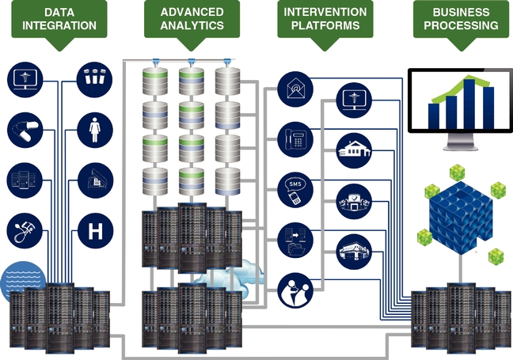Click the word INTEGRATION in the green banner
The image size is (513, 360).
pyautogui.click(x=59, y=25)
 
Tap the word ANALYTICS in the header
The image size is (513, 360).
pyautogui.click(x=192, y=25)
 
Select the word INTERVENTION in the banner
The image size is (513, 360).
pyautogui.click(x=325, y=12)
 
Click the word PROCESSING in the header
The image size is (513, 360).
pyautogui.click(x=461, y=25)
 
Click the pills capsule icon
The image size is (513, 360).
pyautogui.click(x=25, y=130)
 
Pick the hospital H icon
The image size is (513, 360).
pyautogui.click(x=95, y=231)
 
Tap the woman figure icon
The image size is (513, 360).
pyautogui.click(x=95, y=130)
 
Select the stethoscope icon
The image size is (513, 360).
pyautogui.click(x=25, y=231)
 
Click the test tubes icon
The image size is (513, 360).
pyautogui.click(x=94, y=80)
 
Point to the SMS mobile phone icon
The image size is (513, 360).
pyautogui.click(x=295, y=190)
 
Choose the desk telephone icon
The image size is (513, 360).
pyautogui.click(x=295, y=139)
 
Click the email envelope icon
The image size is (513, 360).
pyautogui.click(x=295, y=89)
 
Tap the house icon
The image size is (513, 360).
pyautogui.click(x=354, y=151)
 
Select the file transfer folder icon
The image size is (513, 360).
pyautogui.click(x=295, y=241)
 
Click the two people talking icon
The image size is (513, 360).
pyautogui.click(x=295, y=290)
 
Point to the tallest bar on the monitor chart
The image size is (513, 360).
pyautogui.click(x=469, y=104)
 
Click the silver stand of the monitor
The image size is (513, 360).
pyautogui.click(x=460, y=142)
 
